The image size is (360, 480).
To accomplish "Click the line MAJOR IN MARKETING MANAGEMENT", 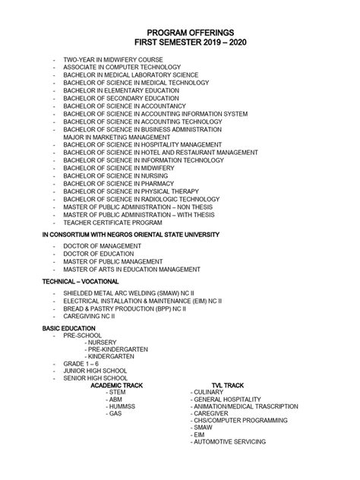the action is coord(122,137).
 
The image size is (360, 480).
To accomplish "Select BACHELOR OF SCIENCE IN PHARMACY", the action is coord(125,184).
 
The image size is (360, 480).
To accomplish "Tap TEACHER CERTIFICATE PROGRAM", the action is coord(112,223).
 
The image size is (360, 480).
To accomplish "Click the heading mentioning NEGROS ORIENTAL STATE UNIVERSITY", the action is coord(131,235).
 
